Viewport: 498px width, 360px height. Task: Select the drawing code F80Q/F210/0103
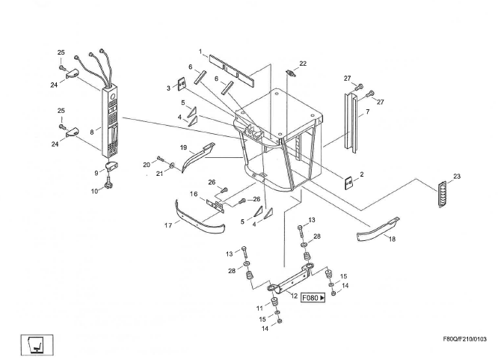point(464,345)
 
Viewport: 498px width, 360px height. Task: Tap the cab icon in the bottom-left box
point(34,343)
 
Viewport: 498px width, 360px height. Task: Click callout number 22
point(303,63)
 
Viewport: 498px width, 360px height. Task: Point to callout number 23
point(457,177)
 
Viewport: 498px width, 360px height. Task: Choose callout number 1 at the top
point(200,52)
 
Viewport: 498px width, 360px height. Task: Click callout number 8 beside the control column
point(91,129)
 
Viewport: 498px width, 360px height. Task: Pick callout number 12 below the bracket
point(294,296)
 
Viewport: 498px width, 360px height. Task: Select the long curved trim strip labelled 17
point(200,216)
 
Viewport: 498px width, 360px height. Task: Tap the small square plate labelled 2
point(348,181)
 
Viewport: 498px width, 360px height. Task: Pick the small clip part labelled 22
point(292,73)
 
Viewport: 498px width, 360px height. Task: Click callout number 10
point(95,191)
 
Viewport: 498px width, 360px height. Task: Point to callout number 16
point(193,194)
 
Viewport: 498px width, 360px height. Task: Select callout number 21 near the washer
point(159,174)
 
